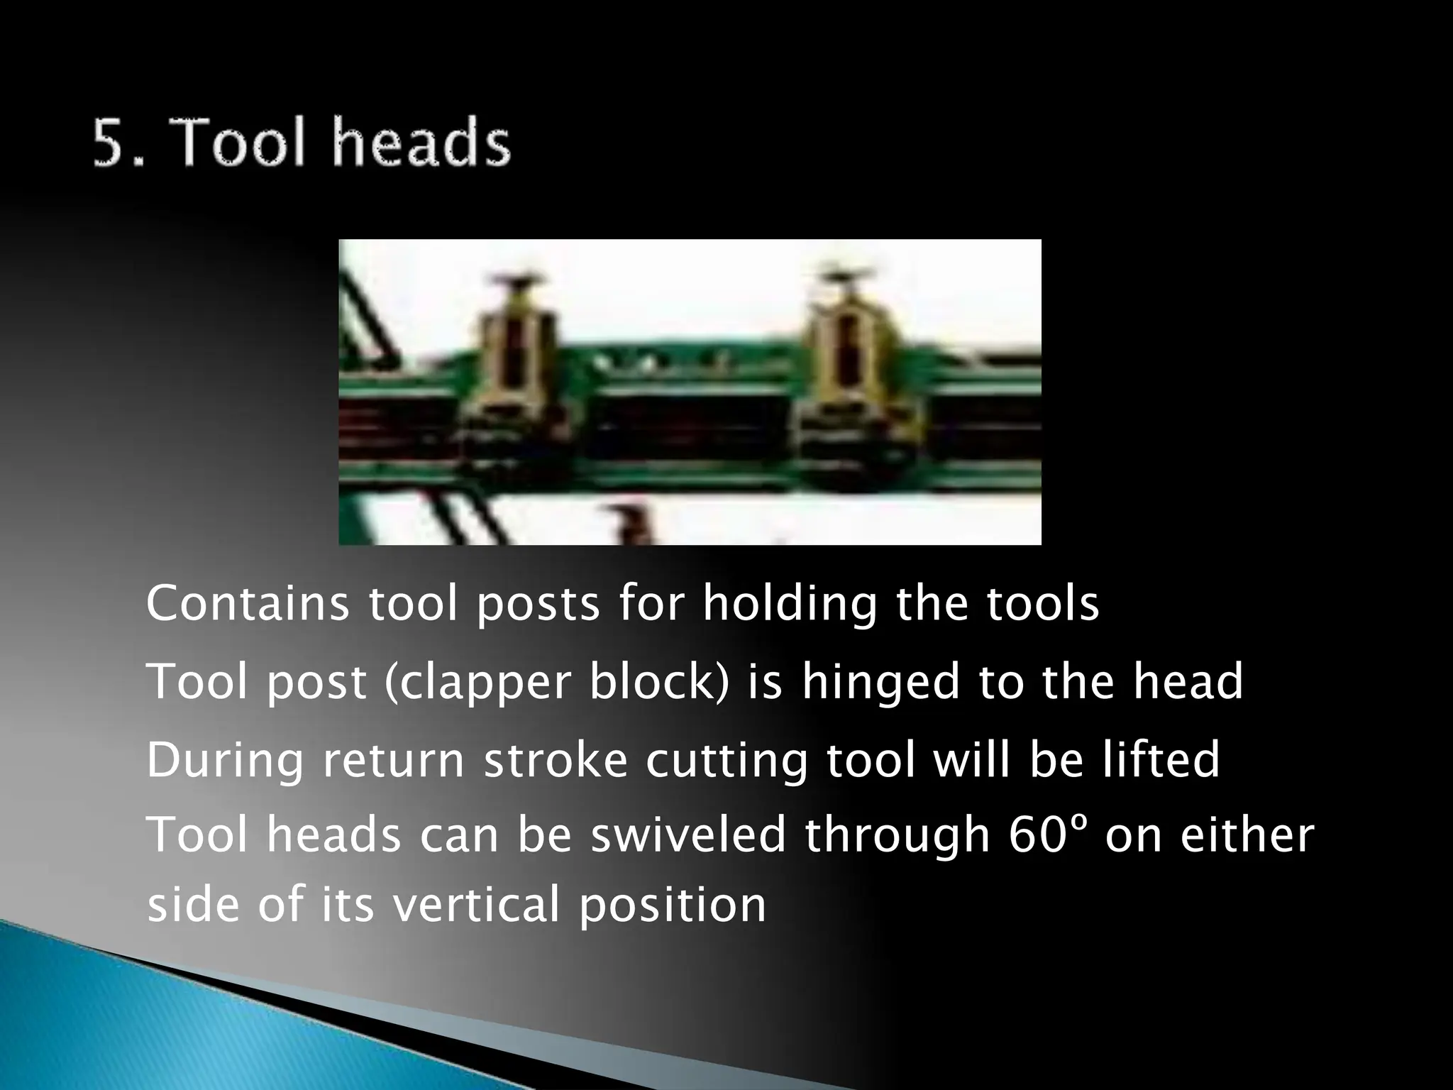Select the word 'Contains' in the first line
coord(247,604)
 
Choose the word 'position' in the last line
coord(673,907)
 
